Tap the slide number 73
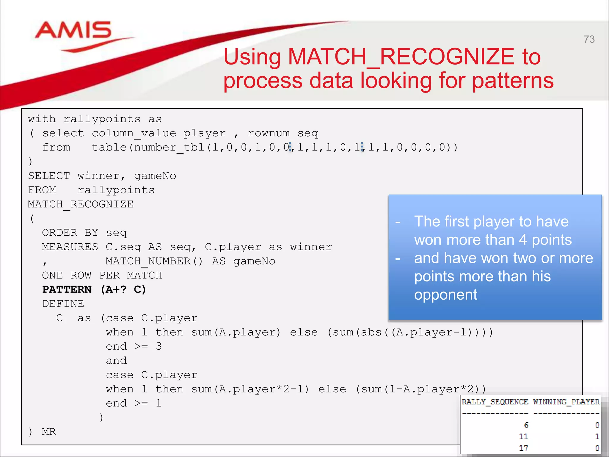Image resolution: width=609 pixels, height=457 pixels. coord(589,39)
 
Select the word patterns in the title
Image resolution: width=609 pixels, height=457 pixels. coord(513,81)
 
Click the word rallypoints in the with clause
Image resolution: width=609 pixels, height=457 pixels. coord(102,119)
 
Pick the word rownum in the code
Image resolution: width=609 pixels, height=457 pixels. coord(269,133)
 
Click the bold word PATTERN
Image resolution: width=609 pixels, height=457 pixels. coord(67,289)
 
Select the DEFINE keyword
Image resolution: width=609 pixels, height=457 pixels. coord(63,304)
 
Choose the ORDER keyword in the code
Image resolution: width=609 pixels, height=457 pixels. coord(59,232)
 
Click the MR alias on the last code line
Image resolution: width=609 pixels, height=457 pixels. coord(49,431)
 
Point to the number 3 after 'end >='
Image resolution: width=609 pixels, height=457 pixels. coord(159,346)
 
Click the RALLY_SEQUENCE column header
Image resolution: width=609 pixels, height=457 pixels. coord(495,402)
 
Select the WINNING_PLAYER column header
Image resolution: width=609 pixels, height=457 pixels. coord(566,402)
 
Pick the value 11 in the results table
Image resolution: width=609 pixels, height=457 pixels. coord(523,436)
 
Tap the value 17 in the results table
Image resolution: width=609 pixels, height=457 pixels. coord(523,448)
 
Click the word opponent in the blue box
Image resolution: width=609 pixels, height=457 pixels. coord(445,295)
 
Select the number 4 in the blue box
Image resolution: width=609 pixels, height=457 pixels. coord(523,240)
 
